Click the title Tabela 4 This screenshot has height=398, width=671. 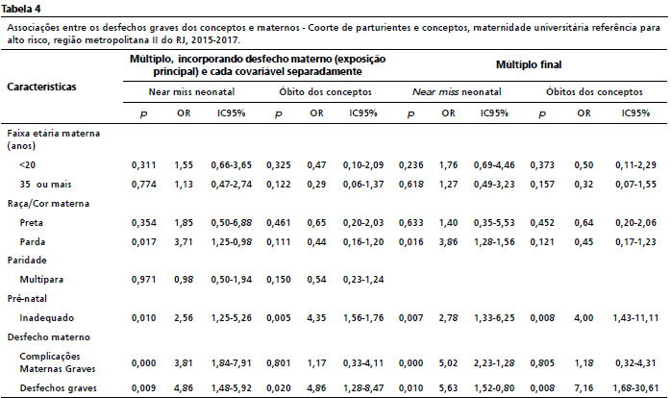click(x=21, y=9)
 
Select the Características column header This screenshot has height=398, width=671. click(x=41, y=87)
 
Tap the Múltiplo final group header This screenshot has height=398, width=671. click(x=529, y=64)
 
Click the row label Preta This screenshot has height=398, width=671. click(x=31, y=222)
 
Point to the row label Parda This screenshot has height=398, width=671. click(x=32, y=242)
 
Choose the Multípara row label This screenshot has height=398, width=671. click(x=41, y=280)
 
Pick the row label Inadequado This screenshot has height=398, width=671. click(x=47, y=318)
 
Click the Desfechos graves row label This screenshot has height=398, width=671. click(x=59, y=388)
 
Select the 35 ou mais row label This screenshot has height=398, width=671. click(x=45, y=185)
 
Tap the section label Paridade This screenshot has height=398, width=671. click(x=27, y=261)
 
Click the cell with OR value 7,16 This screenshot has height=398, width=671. click(x=584, y=388)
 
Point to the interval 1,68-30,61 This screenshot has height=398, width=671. click(x=635, y=388)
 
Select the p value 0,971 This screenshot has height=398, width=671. click(x=144, y=280)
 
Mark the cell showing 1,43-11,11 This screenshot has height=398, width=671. click(x=635, y=318)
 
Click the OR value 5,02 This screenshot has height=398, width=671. click(x=449, y=362)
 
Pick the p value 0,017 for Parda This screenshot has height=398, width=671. click(x=144, y=242)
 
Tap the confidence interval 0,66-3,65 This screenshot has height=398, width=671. click(x=231, y=164)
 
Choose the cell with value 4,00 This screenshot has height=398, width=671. click(x=584, y=318)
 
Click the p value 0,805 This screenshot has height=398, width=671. click(x=542, y=362)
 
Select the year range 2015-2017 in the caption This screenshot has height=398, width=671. click(x=215, y=40)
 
